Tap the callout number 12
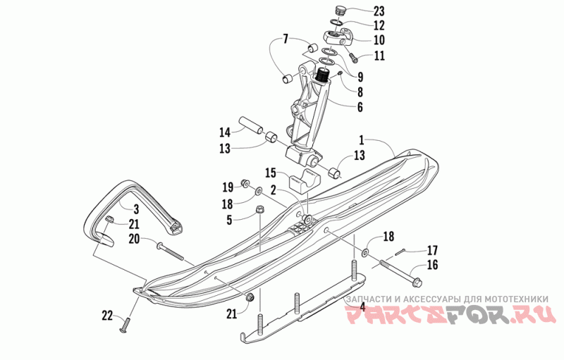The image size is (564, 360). click(x=379, y=25)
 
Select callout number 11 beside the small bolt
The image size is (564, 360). click(x=379, y=56)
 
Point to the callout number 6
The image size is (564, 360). click(x=360, y=108)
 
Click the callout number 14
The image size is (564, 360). click(x=225, y=132)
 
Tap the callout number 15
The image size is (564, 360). click(x=271, y=172)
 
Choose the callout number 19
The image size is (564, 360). click(x=227, y=187)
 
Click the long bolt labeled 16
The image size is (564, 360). click(x=400, y=274)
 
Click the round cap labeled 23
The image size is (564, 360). click(x=341, y=11)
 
